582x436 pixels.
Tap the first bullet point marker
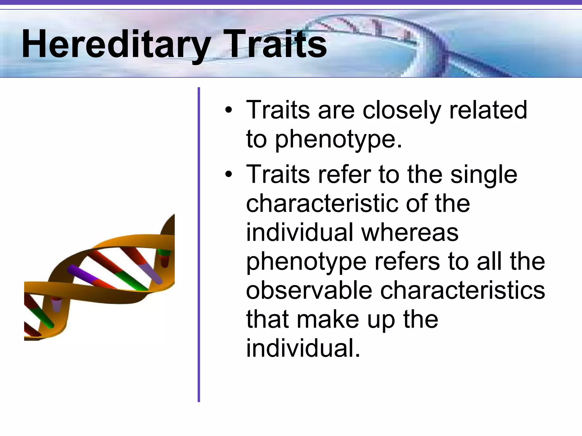coord(228,110)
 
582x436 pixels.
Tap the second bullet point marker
coord(228,174)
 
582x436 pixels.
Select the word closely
coord(402,110)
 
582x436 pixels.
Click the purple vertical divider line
coord(199,244)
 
